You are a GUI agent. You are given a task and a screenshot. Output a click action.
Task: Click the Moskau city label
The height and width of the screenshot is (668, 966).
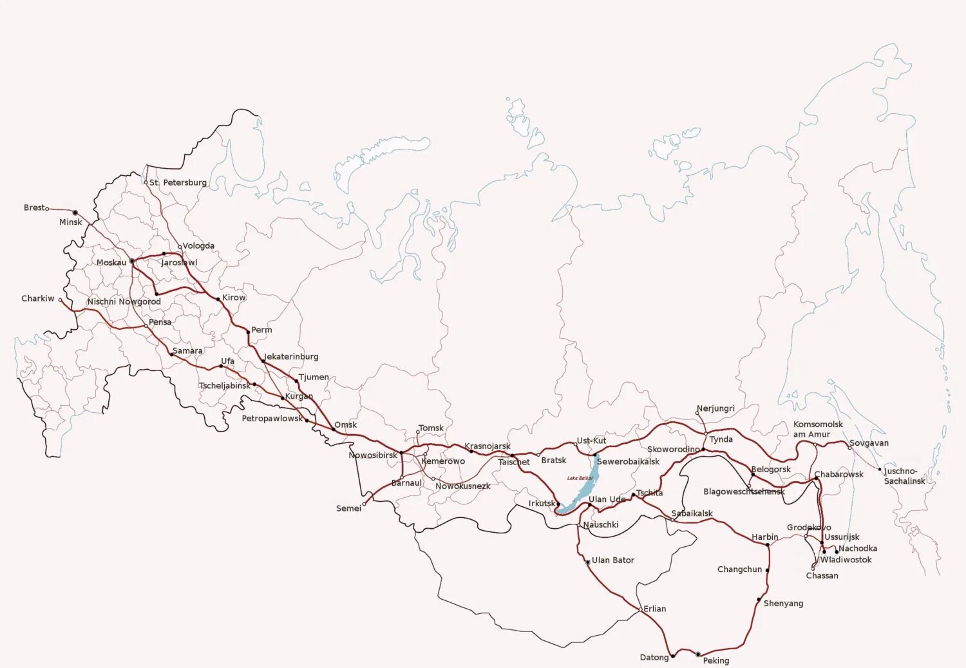(111, 262)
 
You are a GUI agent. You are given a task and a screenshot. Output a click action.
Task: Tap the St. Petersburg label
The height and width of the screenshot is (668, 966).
(178, 182)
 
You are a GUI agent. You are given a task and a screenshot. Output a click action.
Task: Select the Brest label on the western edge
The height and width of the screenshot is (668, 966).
(34, 207)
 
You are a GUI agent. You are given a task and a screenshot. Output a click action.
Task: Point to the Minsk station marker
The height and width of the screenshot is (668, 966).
(75, 213)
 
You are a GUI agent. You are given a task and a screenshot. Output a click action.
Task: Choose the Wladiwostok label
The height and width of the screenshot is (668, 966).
(846, 560)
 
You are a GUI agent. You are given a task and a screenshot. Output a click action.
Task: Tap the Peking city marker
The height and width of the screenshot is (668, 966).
(698, 654)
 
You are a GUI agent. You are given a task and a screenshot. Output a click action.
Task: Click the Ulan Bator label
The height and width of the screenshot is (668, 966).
(612, 560)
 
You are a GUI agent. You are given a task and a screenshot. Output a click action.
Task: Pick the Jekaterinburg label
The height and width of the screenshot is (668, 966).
(291, 356)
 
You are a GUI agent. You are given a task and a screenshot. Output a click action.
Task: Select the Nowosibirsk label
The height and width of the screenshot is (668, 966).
(373, 455)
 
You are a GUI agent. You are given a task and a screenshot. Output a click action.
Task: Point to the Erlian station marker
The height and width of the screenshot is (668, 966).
(640, 609)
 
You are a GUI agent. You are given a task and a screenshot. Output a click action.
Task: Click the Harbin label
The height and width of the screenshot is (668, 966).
(764, 537)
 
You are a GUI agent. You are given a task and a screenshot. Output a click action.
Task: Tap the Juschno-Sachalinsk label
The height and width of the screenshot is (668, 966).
(904, 476)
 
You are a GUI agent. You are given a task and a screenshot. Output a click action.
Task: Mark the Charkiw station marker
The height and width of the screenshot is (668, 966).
(61, 300)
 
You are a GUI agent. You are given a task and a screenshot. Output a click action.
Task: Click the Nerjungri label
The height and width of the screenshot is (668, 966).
(715, 408)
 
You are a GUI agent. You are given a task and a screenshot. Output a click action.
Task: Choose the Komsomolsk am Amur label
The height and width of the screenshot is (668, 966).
(818, 429)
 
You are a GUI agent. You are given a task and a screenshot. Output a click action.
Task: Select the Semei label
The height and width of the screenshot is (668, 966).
(348, 508)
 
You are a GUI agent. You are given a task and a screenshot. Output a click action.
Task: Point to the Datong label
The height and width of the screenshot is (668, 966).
(654, 657)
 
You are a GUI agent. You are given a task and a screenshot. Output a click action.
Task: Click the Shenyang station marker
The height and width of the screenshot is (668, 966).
(759, 600)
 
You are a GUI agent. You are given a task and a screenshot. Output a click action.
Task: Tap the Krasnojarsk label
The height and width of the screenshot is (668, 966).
(487, 446)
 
